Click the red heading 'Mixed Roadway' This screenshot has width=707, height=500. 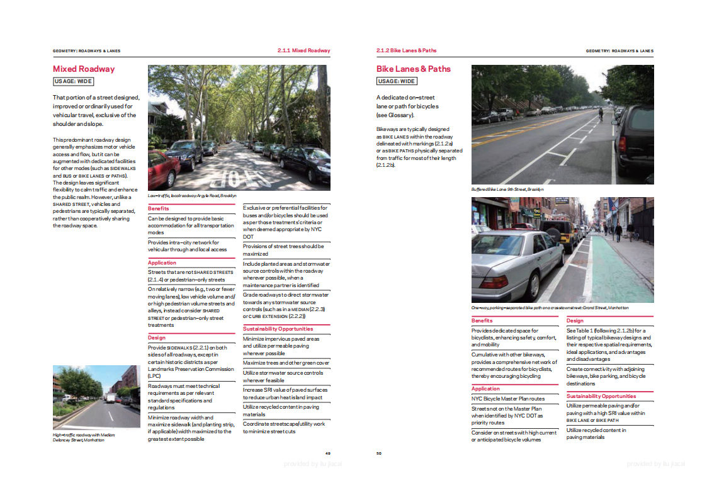84,69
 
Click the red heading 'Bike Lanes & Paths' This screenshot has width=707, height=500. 414,69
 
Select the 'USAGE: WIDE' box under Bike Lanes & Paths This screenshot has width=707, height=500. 397,81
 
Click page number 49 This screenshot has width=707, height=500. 328,453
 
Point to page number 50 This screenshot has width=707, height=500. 379,453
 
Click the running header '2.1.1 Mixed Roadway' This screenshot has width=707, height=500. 303,50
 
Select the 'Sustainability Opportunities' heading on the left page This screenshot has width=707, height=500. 278,329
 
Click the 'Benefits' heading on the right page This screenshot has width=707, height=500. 482,321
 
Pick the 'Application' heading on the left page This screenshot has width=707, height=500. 162,263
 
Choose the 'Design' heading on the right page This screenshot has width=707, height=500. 575,321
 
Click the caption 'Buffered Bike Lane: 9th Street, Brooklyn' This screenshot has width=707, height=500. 507,189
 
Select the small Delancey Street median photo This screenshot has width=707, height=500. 96,397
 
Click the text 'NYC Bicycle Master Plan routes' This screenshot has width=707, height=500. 507,399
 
